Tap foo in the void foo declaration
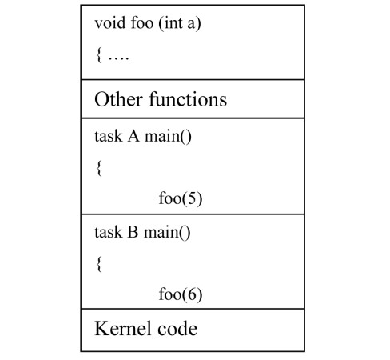click(141, 25)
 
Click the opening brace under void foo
click(97, 57)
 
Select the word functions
click(189, 100)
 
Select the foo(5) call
click(181, 198)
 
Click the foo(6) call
click(181, 294)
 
